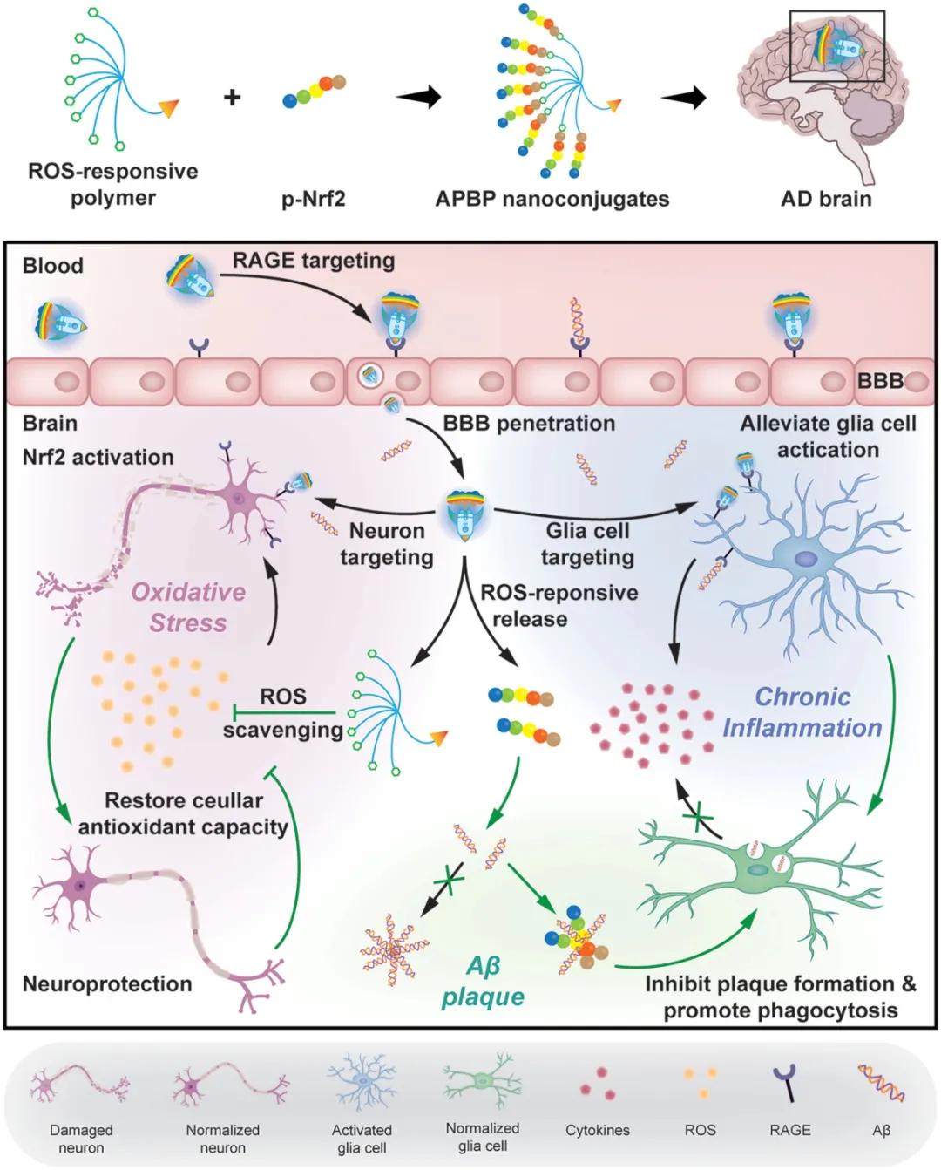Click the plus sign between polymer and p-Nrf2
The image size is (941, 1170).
232,97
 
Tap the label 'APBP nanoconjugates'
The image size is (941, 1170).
552,199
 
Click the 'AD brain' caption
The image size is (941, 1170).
826,199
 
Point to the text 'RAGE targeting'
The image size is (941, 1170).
313,260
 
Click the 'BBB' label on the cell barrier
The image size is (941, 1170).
879,381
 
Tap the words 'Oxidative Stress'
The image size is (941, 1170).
188,607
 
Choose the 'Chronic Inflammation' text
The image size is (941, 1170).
802,711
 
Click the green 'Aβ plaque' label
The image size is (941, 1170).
483,982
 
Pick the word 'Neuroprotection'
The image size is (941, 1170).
107,983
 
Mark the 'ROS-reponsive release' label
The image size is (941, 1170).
559,605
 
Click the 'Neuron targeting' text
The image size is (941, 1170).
387,543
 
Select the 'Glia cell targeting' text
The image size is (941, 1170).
587,543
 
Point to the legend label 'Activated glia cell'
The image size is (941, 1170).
362,1139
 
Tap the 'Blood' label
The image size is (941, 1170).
53,266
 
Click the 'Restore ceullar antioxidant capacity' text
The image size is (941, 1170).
183,813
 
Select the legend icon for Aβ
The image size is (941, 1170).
881,1084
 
